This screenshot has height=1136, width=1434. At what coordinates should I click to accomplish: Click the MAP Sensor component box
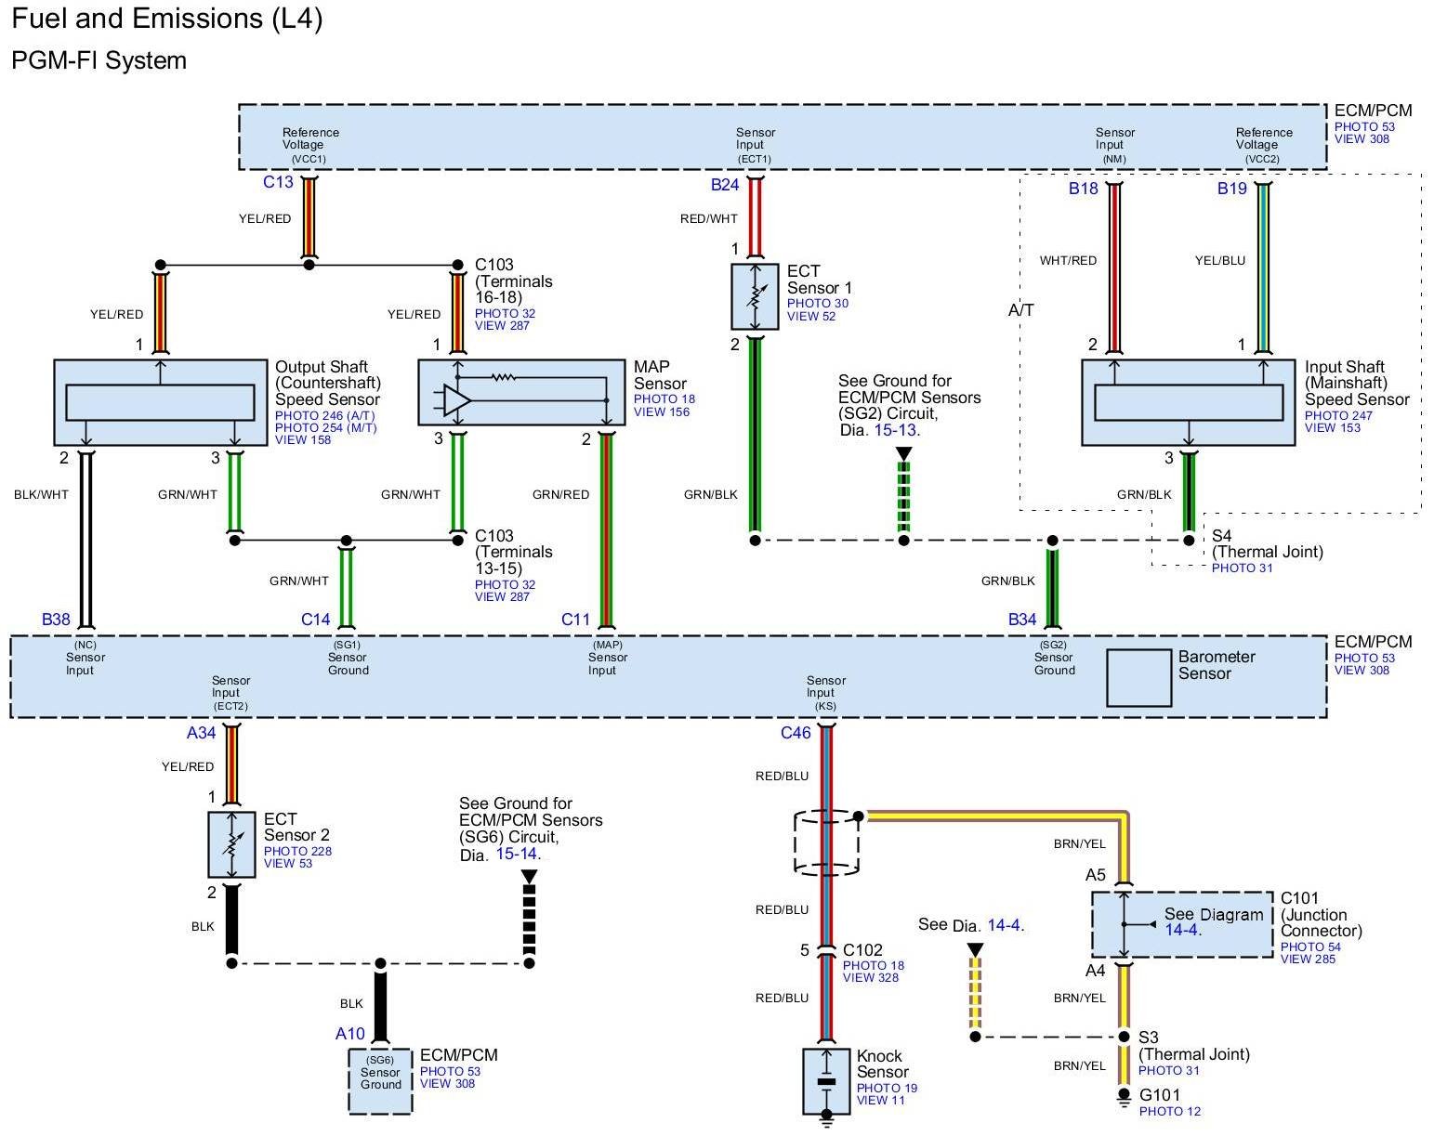521,392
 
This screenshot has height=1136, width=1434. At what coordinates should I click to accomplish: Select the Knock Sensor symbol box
826,1081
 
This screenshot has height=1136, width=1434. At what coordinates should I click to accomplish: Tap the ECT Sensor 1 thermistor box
755,296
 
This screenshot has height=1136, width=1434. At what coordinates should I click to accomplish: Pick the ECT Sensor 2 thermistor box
231,844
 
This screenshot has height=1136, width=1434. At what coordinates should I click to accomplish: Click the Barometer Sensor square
1138,678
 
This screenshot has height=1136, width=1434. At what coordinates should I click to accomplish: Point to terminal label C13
278,182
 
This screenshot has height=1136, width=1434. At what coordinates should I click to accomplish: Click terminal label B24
725,185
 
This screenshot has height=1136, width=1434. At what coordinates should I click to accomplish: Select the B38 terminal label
56,620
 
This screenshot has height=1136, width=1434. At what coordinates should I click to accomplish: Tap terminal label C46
796,733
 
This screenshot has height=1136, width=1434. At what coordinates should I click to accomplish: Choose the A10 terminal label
350,1034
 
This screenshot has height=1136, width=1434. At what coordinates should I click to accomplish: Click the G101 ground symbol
1124,1097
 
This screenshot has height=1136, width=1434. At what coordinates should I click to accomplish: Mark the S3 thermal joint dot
1124,1037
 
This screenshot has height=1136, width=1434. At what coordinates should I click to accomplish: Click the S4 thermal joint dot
1189,540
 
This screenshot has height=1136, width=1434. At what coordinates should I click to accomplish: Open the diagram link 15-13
895,430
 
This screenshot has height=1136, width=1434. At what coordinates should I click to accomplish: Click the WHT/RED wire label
1068,261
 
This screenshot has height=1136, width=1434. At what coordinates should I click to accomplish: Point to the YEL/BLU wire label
1219,261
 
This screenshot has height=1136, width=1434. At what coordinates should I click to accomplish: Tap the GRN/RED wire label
560,495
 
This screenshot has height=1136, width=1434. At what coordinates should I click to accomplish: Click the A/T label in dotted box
1021,310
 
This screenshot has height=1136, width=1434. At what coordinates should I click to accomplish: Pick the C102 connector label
862,950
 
